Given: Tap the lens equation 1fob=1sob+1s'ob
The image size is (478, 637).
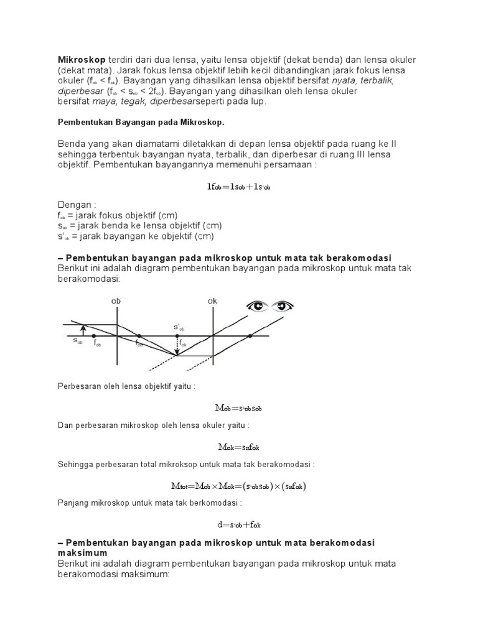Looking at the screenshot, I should point(238,186).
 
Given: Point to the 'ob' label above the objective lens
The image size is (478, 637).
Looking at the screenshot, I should point(116,301).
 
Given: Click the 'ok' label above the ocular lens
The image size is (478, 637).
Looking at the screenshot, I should point(213,301).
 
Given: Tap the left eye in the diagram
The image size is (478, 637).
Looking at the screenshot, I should point(256,305).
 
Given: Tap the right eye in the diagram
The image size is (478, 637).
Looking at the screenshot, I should point(283,305).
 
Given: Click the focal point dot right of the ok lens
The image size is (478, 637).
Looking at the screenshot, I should point(250,336).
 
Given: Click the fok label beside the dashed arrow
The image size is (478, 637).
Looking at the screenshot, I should point(184,343).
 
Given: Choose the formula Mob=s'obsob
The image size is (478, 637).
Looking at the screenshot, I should point(238,408).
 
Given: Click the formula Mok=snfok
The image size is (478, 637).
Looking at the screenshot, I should point(238,447).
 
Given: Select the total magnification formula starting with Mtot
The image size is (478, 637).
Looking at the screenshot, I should point(238,486).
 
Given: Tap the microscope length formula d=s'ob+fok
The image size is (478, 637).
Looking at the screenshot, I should point(238,524).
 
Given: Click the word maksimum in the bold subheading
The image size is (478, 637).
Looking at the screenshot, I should point(83,552).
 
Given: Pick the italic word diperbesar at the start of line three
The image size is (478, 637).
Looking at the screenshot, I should point(82,91).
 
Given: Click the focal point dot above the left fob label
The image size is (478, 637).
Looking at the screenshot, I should point(95,336).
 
